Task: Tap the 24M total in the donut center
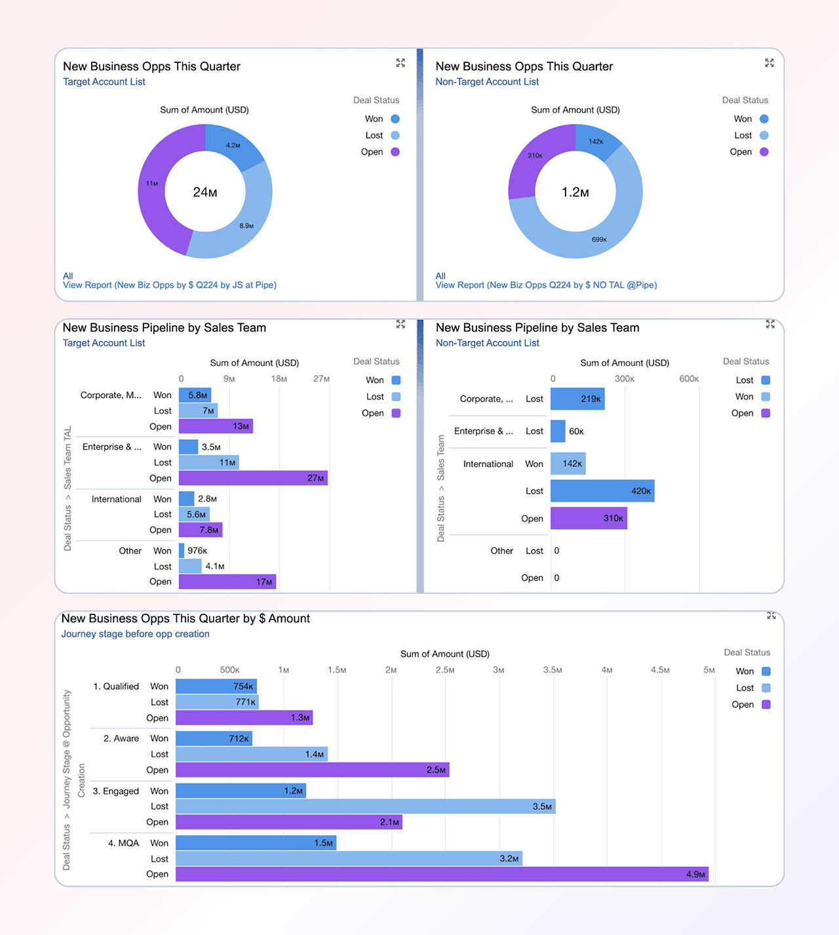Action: [205, 192]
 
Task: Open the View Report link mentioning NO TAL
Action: [546, 285]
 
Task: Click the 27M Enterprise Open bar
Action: [253, 478]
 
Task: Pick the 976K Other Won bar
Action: [182, 551]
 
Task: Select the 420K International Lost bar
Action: [602, 491]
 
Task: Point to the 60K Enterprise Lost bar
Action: [558, 431]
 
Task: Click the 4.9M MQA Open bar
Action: [442, 874]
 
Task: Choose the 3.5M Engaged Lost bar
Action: [365, 806]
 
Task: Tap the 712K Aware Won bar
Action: [214, 738]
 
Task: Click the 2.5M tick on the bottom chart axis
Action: [445, 670]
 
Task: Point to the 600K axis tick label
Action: [689, 379]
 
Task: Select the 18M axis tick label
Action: [279, 379]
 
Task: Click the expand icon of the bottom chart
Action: [771, 616]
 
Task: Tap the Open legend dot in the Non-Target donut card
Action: [764, 151]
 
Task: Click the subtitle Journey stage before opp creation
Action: [136, 634]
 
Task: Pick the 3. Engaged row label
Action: [116, 791]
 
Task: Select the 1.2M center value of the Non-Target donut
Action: [575, 192]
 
